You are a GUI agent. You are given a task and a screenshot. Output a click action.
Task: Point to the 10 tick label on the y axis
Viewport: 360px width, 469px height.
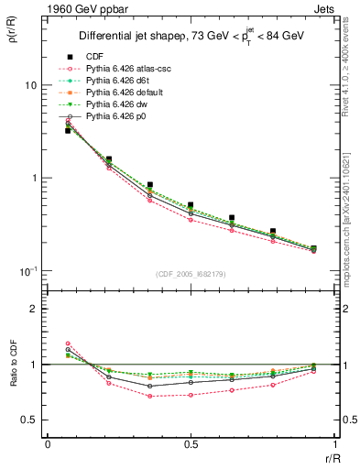coord(30,85)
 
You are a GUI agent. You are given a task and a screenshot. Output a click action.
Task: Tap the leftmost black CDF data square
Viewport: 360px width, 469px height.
coord(68,131)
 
